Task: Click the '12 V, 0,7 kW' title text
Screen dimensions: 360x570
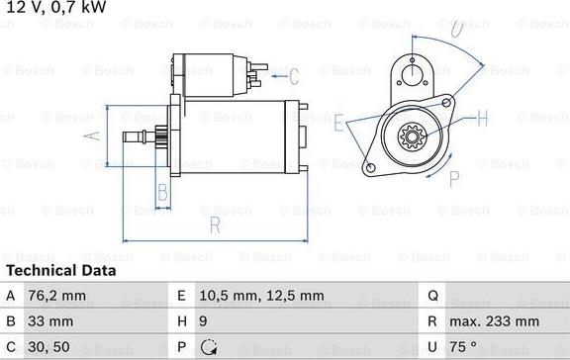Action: pos(56,9)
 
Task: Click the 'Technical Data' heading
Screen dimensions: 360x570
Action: pos(61,270)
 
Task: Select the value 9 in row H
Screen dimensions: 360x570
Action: pos(203,321)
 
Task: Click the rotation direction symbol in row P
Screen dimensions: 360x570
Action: pos(209,347)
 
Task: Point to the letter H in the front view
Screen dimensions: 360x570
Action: pos(483,119)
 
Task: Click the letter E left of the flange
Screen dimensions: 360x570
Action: pos(339,124)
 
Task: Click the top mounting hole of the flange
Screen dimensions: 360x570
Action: pos(409,70)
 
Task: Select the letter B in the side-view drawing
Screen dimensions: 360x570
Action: pos(163,191)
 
